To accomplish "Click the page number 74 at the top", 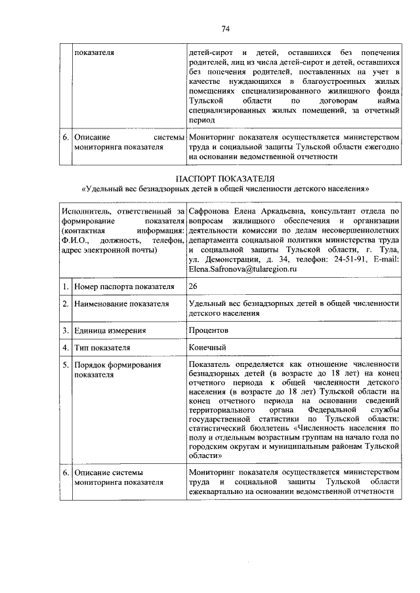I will pyautogui.click(x=225, y=29).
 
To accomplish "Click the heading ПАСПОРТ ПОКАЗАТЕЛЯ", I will pyautogui.click(x=225, y=179).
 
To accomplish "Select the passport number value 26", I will pyautogui.click(x=192, y=286).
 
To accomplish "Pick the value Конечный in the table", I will pyautogui.click(x=207, y=347).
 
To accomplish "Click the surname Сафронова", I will pyautogui.click(x=210, y=211).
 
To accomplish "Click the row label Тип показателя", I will pyautogui.click(x=102, y=347).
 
